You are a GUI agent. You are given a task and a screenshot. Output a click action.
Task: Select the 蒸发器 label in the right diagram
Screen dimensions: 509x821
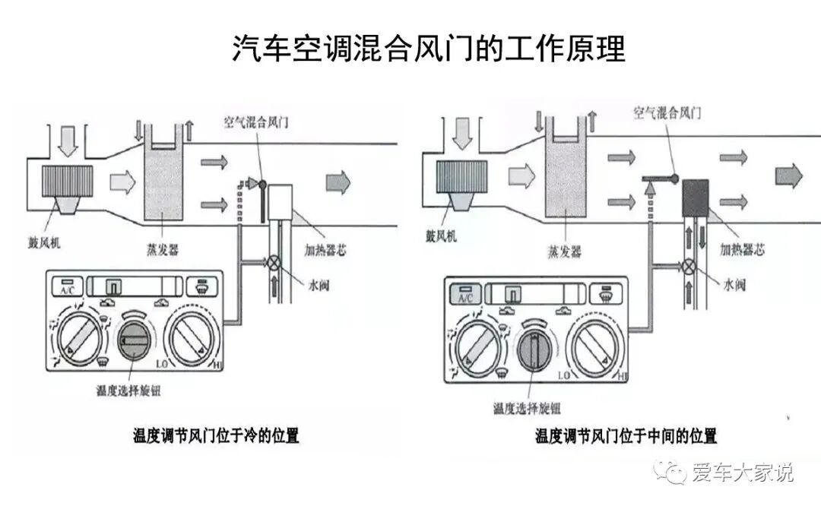[565, 251]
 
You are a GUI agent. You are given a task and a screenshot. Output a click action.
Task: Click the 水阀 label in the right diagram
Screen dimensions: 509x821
[734, 285]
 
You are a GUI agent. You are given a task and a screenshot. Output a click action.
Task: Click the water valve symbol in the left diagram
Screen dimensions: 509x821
[275, 264]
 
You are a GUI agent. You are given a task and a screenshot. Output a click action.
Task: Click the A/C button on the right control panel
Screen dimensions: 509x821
[465, 294]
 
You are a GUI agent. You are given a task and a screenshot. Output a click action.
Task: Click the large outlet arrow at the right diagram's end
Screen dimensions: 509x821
[789, 175]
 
